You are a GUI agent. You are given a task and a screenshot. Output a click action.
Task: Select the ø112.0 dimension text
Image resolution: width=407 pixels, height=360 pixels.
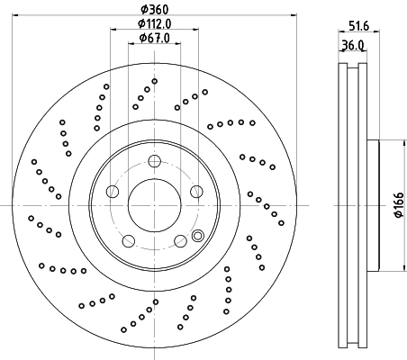155,24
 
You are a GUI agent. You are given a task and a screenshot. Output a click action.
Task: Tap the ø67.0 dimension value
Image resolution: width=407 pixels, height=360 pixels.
155,40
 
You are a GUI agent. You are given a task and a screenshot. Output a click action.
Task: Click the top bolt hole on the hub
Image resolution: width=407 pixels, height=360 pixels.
154,161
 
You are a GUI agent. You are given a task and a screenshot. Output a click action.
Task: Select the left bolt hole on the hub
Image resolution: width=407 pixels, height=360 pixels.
112,192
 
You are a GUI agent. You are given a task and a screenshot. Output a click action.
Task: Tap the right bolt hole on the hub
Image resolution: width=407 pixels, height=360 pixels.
197,192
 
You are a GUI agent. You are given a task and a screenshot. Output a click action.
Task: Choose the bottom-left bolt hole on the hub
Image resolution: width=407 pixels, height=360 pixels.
128,241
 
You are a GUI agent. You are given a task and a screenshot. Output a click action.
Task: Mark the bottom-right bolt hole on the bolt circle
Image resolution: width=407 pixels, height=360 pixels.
181,241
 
